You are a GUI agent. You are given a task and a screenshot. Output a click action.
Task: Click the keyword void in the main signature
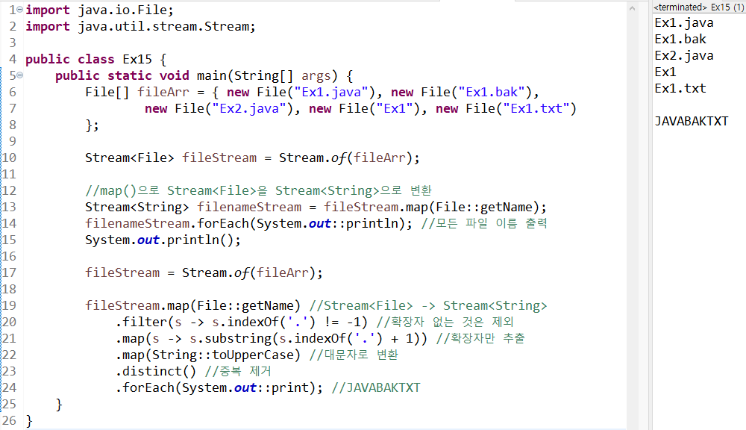tap(175, 75)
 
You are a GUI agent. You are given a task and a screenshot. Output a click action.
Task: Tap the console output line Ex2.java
tap(683, 55)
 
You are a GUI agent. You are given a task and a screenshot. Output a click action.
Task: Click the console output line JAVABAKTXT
tap(691, 121)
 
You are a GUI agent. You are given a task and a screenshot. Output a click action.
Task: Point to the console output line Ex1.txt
tap(680, 88)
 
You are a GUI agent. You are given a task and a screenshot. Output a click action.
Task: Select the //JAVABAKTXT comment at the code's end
tap(376, 387)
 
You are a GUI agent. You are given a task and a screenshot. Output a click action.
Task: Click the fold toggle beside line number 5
tap(20, 75)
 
